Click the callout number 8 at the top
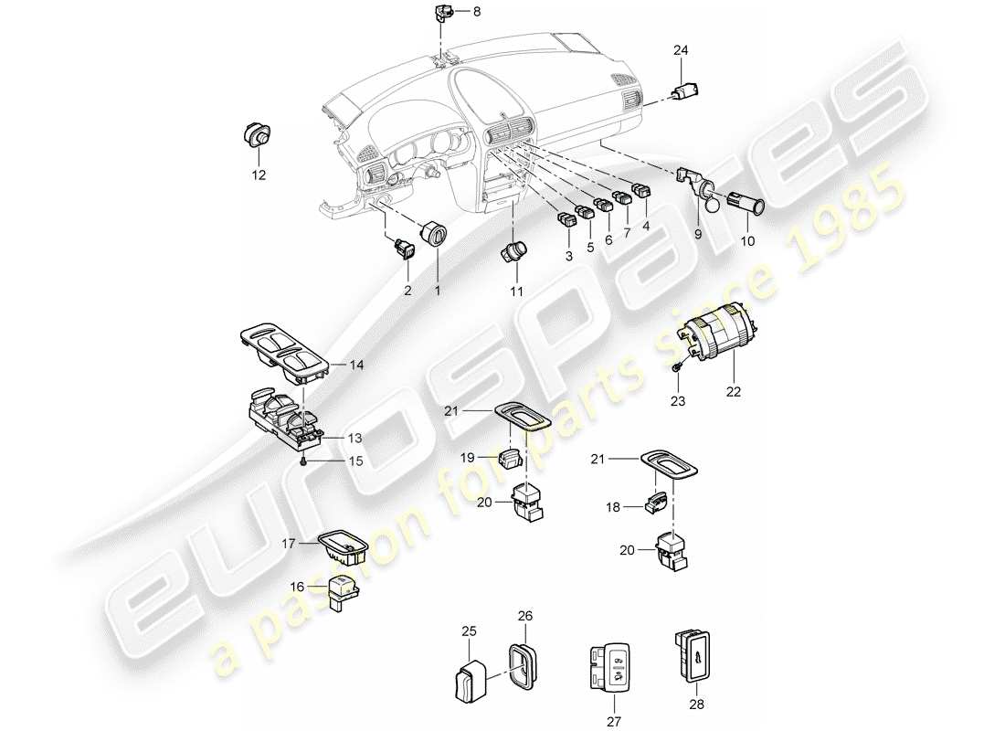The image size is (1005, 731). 475,12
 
